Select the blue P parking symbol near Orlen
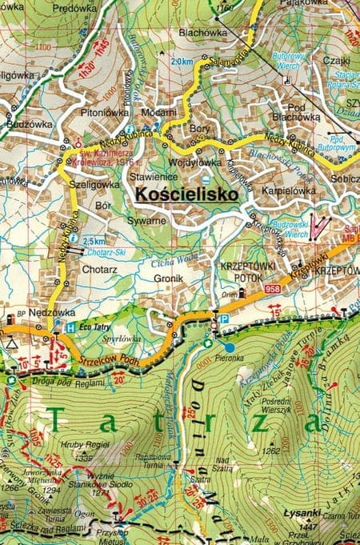tap(223, 319)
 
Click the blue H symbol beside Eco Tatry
tap(70, 327)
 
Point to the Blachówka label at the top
tap(202, 34)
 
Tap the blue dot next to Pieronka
tap(230, 347)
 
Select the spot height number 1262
tap(271, 451)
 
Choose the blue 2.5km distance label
tap(94, 241)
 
